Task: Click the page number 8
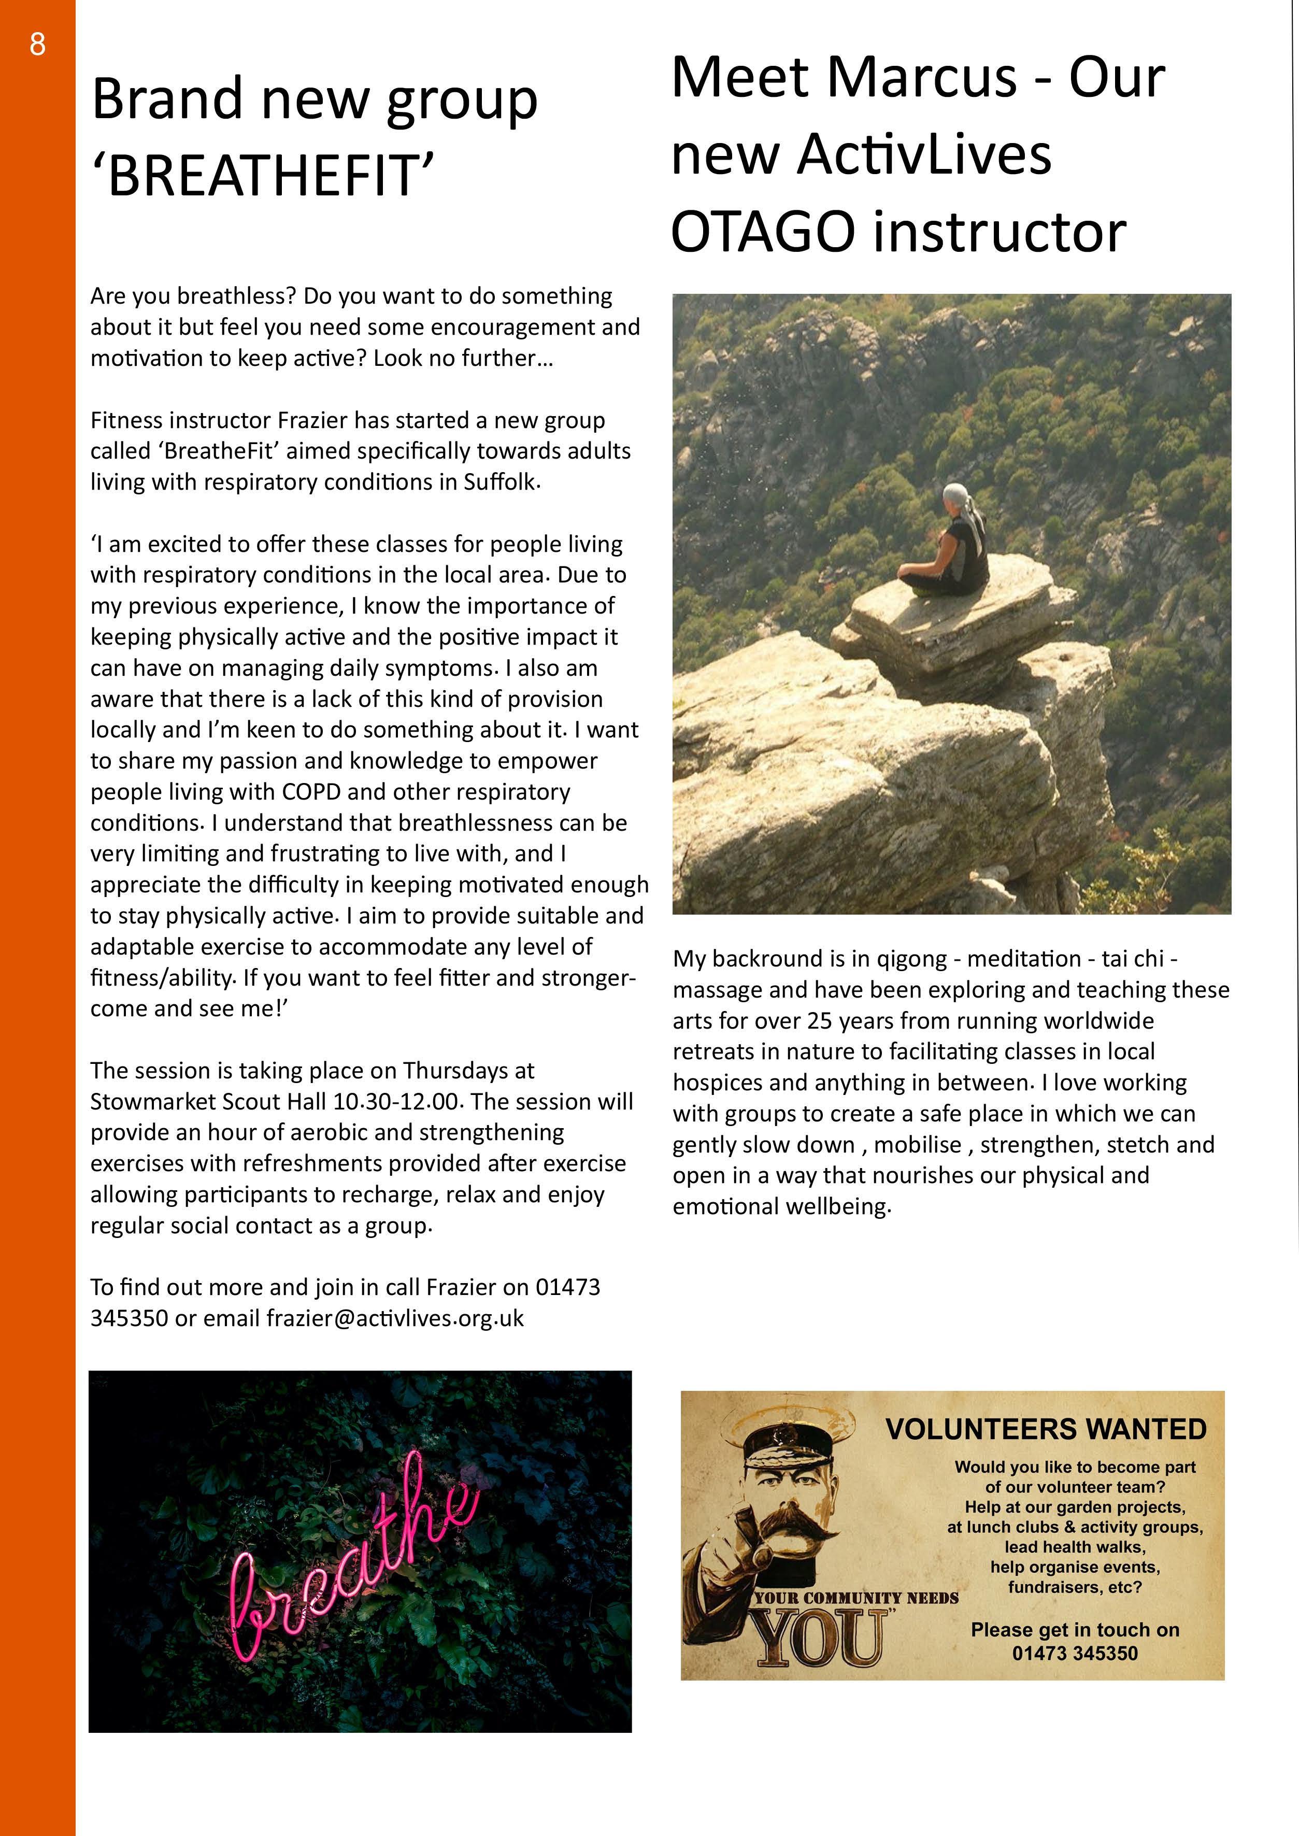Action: coord(38,45)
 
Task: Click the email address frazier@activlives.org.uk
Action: coord(395,1318)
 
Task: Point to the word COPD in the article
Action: coord(311,792)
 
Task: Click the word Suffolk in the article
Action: coord(501,482)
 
